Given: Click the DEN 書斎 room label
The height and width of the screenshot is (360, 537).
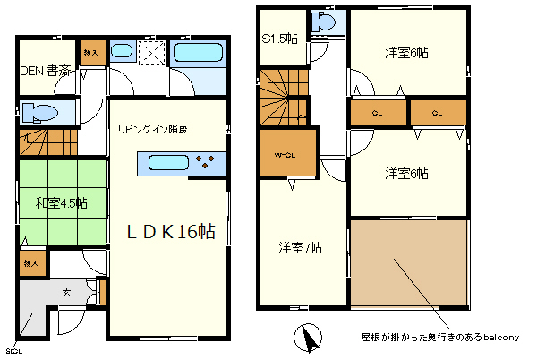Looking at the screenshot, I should pyautogui.click(x=46, y=70).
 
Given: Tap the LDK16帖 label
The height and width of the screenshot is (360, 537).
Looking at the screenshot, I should pyautogui.click(x=170, y=231).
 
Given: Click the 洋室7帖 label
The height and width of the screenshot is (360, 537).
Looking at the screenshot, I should pyautogui.click(x=300, y=247).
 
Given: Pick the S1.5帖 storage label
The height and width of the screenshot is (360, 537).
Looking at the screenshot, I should pyautogui.click(x=280, y=39).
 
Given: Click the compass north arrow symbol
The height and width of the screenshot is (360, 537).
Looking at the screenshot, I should pyautogui.click(x=308, y=339).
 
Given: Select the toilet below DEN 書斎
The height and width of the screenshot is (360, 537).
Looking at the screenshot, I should pyautogui.click(x=41, y=113).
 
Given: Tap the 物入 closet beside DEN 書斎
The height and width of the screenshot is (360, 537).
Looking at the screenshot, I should pyautogui.click(x=90, y=52).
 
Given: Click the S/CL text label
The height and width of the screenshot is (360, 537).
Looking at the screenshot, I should pyautogui.click(x=13, y=350).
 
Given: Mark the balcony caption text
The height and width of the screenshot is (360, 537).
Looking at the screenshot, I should pyautogui.click(x=439, y=337).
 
